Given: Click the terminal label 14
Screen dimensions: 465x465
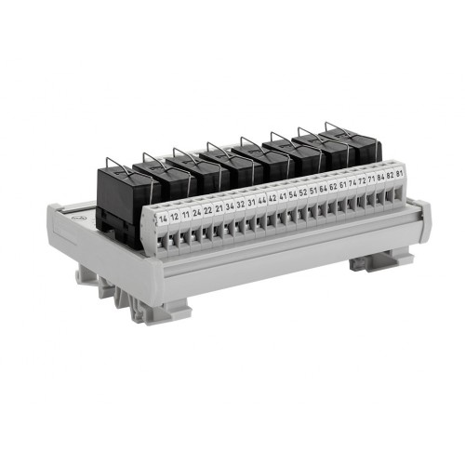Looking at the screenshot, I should pos(164,219).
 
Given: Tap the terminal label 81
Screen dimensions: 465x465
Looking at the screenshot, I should pos(399,173).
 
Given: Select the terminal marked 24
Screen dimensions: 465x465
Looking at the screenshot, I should pos(196,212).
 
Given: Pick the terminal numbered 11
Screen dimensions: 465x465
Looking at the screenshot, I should pos(185,214).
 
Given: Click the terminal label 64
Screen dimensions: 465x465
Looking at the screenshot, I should pos(323,188).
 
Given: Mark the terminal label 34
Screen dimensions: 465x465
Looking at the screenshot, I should pos(229,206).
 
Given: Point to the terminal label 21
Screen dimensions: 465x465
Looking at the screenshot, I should pos(218,207).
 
